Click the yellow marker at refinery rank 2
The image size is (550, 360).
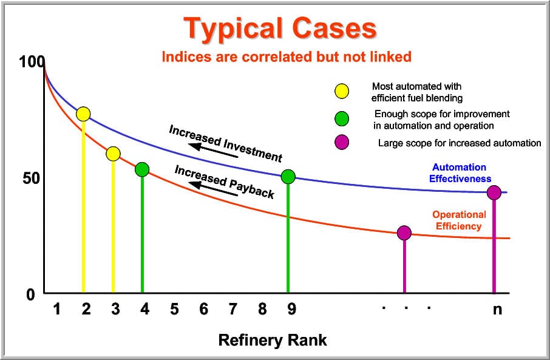pos(83,114)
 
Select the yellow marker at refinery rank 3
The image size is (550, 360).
pos(113,154)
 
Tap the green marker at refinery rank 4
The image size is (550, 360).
pos(142,170)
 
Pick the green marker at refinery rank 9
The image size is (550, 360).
pos(288,177)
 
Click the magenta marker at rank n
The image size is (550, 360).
pos(494,192)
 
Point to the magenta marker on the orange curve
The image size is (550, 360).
pos(404,233)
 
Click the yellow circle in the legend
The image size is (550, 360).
pos(342,91)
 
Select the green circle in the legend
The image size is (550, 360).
pos(342,118)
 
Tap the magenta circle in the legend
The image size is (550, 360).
pos(342,143)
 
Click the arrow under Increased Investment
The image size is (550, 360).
pos(213,151)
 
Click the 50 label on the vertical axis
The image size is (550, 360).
pos(31,178)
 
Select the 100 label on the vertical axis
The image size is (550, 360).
pos(32,62)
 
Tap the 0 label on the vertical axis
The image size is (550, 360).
pos(31,294)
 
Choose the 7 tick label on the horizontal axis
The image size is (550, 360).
pos(233,309)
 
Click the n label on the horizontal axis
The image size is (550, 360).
pos(497,310)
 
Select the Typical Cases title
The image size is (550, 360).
pos(280,28)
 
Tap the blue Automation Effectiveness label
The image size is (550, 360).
pos(460,173)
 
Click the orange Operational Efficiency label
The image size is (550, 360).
pos(459,220)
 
